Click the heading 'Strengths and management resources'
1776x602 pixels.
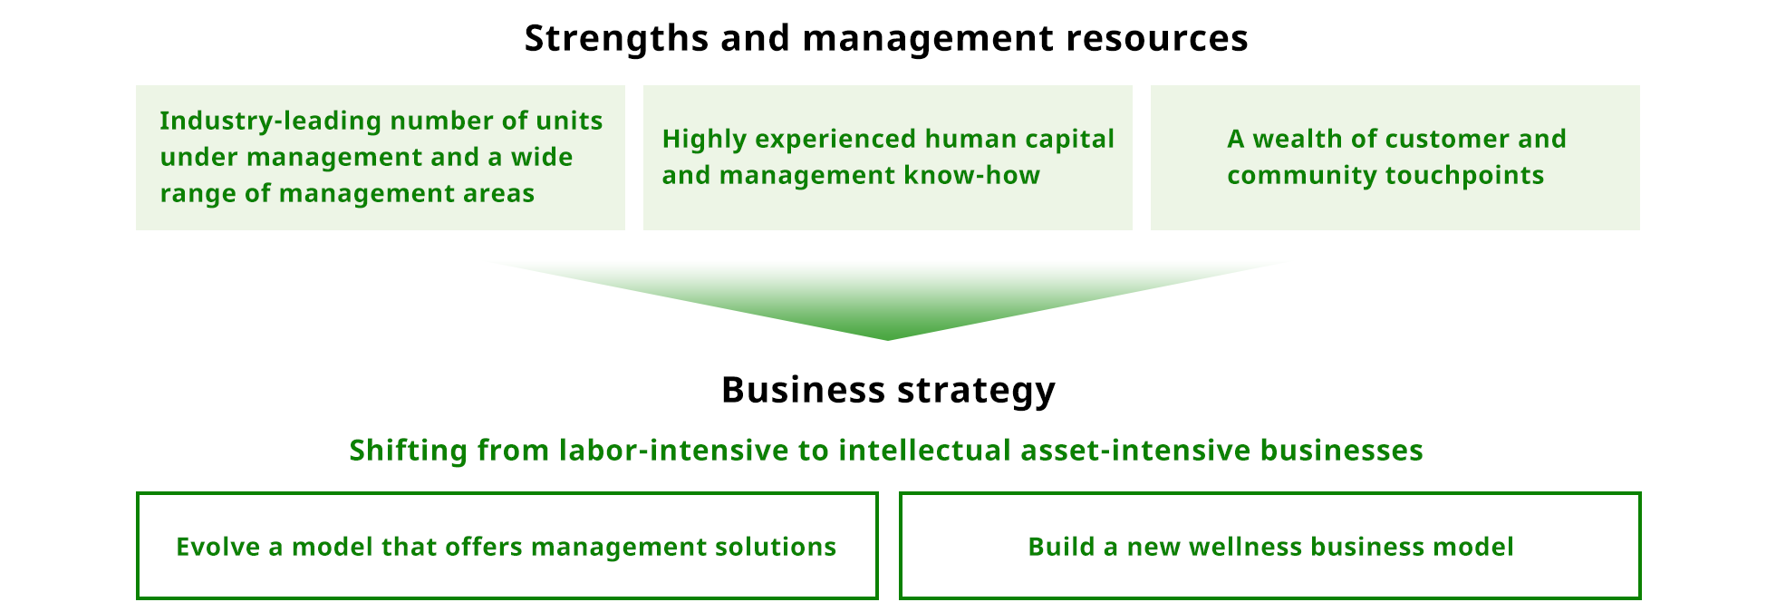point(886,38)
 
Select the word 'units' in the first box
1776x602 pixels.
point(569,121)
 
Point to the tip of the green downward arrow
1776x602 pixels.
point(888,340)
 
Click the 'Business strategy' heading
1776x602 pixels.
point(888,390)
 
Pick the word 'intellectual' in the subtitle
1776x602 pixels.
point(924,450)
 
